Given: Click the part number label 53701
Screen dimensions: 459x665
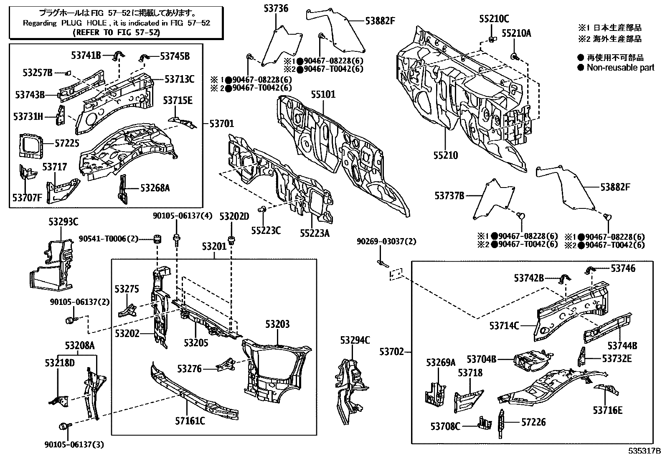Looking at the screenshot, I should click(221, 124).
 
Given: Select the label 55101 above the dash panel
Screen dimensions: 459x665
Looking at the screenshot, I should click(322, 95).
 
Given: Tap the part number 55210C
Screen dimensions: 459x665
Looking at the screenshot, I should click(494, 19).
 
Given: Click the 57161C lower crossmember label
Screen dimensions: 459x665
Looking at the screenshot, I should click(189, 421).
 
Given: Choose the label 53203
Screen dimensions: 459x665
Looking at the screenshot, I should click(277, 324).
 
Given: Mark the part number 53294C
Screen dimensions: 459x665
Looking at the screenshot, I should click(355, 340).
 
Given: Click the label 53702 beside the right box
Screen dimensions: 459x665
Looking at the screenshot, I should click(391, 352).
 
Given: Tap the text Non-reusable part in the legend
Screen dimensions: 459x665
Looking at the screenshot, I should click(620, 68).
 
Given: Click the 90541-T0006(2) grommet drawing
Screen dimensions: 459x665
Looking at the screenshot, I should click(158, 239).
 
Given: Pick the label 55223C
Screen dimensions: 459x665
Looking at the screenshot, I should click(266, 230).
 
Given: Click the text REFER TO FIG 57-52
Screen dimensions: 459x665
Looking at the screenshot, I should click(116, 32).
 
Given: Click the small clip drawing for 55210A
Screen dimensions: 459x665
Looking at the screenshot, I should click(514, 56).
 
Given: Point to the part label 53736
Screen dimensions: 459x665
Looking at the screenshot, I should click(276, 8).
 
